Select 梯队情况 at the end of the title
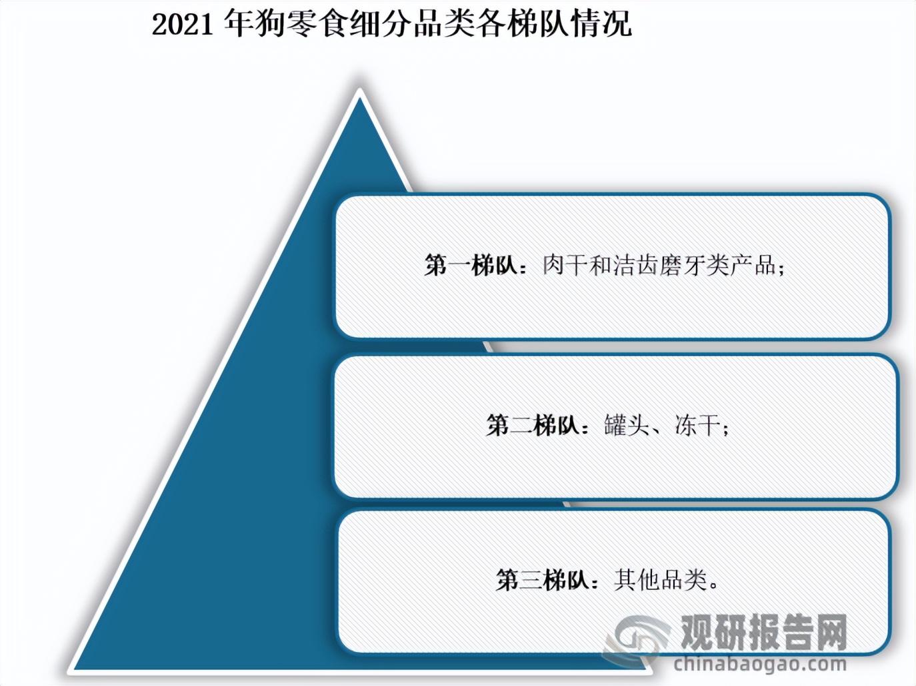[569, 24]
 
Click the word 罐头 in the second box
[627, 426]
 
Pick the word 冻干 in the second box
[697, 426]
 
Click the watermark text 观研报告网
[765, 631]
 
